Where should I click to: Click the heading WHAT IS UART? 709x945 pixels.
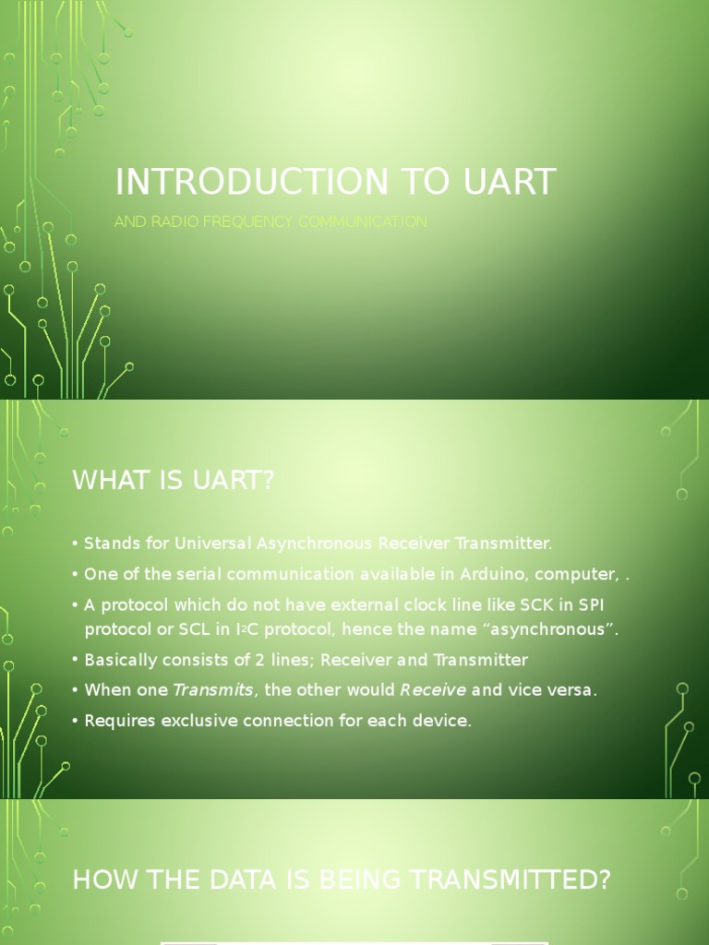174,481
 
